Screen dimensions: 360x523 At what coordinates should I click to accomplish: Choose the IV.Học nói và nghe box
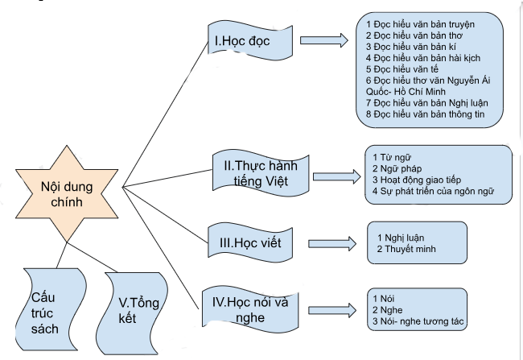click(255, 308)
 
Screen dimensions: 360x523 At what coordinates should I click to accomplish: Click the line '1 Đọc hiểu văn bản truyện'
click(419, 24)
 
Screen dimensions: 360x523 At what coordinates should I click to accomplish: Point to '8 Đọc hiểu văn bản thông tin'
click(426, 114)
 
